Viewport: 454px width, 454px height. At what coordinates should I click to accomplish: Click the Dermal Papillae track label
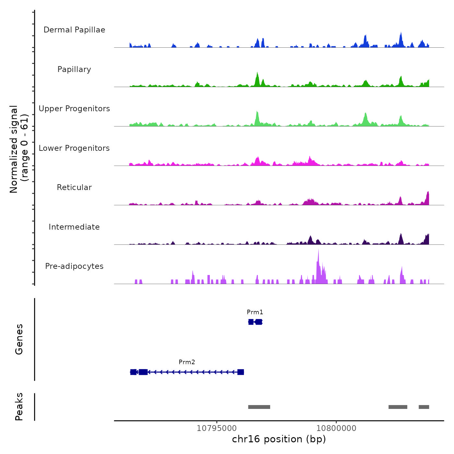74,30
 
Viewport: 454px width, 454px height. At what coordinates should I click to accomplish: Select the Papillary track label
74,69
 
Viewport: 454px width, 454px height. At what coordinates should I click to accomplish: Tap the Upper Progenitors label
74,109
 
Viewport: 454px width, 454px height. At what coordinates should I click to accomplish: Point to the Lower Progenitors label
74,148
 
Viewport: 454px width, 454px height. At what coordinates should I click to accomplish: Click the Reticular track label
74,187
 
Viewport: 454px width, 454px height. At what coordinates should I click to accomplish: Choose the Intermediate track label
74,227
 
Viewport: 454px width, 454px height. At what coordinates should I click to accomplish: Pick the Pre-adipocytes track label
74,266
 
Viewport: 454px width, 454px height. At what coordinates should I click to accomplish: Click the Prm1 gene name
255,312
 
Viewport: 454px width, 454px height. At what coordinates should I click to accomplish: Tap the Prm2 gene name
187,362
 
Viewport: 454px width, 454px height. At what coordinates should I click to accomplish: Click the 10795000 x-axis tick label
217,428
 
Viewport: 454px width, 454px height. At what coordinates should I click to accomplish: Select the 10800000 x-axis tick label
336,428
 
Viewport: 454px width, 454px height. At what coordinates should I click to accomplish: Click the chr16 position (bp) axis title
279,439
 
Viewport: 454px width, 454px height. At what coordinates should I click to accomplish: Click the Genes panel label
19,339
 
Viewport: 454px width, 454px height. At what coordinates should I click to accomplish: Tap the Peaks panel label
19,407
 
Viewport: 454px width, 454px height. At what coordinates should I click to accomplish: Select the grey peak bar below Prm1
259,407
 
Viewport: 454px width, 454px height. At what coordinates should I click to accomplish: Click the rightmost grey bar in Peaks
424,407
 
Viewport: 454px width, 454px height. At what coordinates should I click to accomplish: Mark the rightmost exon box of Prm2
241,372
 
